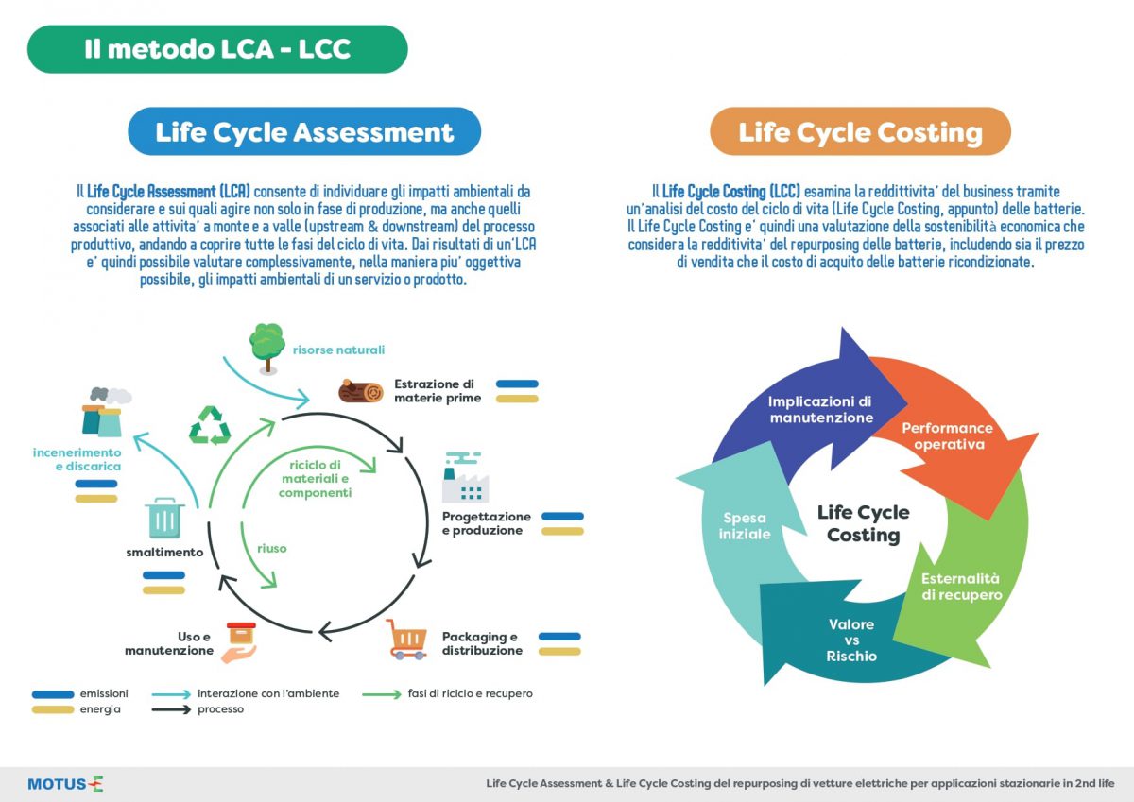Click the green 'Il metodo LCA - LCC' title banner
pyautogui.click(x=217, y=49)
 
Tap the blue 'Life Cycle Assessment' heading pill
pyautogui.click(x=304, y=131)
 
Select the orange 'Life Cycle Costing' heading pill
pyautogui.click(x=860, y=131)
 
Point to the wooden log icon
pyautogui.click(x=360, y=391)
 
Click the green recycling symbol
pyautogui.click(x=210, y=425)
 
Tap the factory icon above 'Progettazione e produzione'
pyautogui.click(x=465, y=477)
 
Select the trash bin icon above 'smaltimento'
pyautogui.click(x=164, y=519)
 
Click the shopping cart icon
pyautogui.click(x=406, y=640)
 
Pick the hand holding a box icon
pyautogui.click(x=239, y=642)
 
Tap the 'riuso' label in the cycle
pyautogui.click(x=272, y=549)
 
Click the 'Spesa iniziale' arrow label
pyautogui.click(x=745, y=526)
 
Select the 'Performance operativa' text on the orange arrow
pyautogui.click(x=947, y=436)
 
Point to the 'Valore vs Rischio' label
pyautogui.click(x=851, y=640)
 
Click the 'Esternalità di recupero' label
pyautogui.click(x=961, y=587)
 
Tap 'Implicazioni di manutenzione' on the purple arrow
pyautogui.click(x=820, y=409)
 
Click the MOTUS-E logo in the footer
pyautogui.click(x=66, y=784)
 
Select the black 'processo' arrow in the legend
pyautogui.click(x=171, y=709)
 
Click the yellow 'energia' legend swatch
pyautogui.click(x=53, y=709)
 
